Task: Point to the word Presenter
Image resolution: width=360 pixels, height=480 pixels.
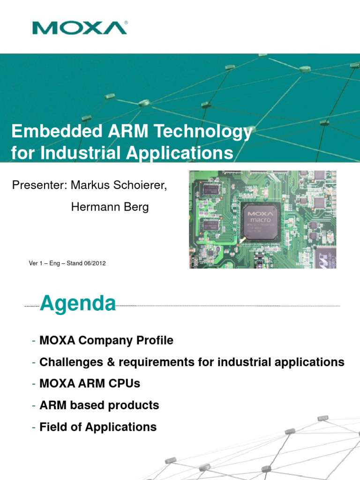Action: [x=39, y=185]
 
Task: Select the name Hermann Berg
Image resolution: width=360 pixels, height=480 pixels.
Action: [x=110, y=207]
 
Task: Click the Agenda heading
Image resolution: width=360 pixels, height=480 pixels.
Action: [x=78, y=304]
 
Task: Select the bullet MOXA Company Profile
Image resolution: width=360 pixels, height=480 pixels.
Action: [x=106, y=341]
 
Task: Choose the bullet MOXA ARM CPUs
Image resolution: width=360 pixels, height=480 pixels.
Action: [x=90, y=384]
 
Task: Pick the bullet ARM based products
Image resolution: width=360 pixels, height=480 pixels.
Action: [x=99, y=405]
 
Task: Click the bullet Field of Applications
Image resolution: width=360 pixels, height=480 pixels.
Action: [x=98, y=427]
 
